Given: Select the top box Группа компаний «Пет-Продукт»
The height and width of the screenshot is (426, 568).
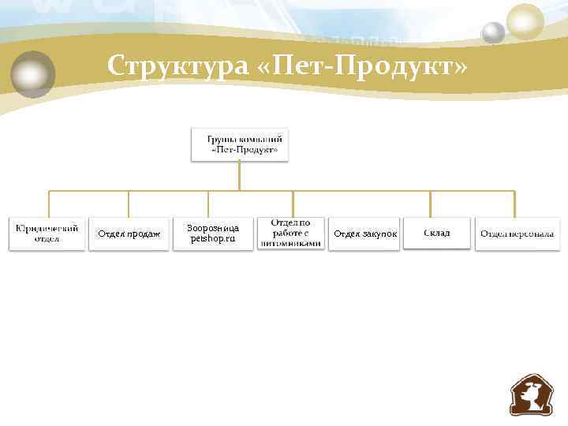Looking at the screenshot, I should tap(240, 144).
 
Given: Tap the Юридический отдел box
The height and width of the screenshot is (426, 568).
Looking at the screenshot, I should tap(47, 234).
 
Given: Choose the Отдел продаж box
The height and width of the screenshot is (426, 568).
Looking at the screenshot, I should tap(129, 234).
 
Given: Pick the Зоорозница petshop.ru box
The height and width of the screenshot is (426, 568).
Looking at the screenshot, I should tap(213, 234).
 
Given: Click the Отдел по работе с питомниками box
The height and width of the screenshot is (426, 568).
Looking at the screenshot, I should tap(291, 234).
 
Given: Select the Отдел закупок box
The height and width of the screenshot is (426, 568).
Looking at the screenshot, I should tap(364, 234).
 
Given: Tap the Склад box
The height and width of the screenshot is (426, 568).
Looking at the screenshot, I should tap(437, 234).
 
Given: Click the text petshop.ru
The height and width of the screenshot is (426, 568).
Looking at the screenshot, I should tap(213, 239).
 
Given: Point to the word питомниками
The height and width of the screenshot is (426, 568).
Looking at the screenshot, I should tap(291, 244).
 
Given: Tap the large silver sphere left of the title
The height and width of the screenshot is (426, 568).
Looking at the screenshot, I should tap(32, 75).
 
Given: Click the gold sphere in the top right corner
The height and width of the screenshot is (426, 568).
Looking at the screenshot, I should tap(525, 21).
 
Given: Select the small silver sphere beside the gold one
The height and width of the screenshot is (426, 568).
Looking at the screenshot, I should tap(493, 33).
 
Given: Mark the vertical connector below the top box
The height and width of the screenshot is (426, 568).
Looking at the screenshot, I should tap(240, 175).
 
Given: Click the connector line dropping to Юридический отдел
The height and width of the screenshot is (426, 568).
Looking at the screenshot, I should tap(49, 204).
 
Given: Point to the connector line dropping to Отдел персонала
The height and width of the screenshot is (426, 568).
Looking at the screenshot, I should tap(514, 204).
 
